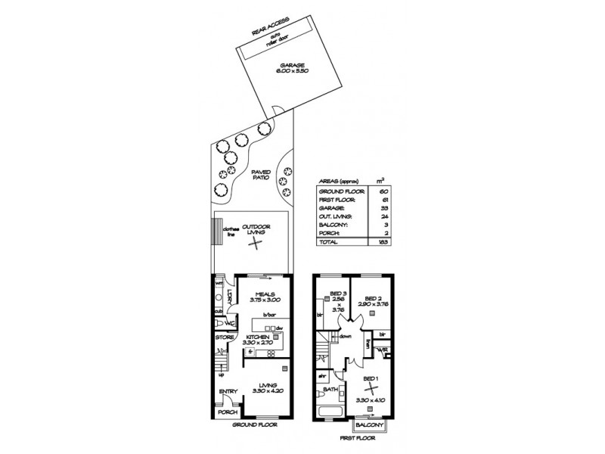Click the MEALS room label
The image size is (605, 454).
click(264, 295)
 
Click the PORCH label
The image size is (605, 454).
click(227, 413)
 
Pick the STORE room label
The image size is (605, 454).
click(225, 337)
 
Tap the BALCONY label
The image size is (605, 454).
click(375, 426)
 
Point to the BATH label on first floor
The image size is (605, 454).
click(330, 390)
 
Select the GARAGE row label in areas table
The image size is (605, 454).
click(332, 207)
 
